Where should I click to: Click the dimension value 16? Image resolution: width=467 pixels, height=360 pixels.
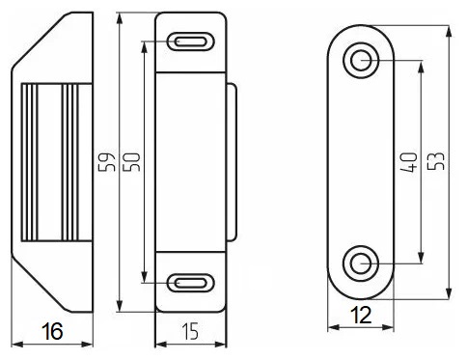(x=52, y=331)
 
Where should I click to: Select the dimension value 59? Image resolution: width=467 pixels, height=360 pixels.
(x=107, y=162)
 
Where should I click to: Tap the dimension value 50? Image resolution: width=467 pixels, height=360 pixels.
(x=131, y=162)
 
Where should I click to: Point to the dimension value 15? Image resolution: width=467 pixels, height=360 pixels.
(x=190, y=331)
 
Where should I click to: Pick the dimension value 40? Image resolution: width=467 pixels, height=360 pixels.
(x=409, y=162)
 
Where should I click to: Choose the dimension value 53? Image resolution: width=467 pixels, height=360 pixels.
(x=436, y=160)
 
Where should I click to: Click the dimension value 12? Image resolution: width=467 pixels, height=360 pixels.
(x=361, y=315)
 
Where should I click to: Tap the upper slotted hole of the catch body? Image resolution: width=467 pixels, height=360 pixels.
(x=190, y=42)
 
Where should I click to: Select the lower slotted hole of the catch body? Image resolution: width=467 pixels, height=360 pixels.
(x=190, y=283)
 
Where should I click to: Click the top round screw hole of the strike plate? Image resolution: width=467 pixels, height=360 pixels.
(x=361, y=60)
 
